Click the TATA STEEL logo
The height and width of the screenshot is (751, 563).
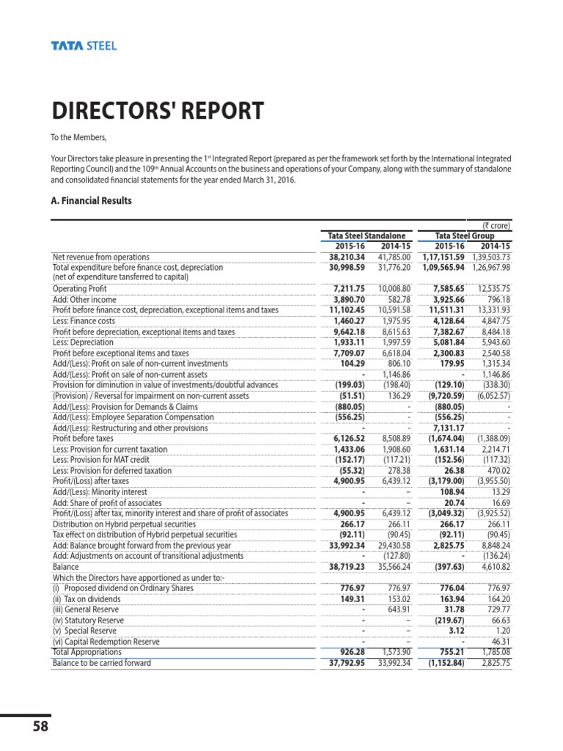coord(84,46)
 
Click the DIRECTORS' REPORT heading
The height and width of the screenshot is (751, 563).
coord(158,111)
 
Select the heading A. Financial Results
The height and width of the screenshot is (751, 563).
coord(91,201)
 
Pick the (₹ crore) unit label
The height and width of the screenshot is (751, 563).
coord(496,226)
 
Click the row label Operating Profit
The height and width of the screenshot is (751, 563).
coord(80,290)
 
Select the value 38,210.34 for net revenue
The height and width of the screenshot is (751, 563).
coord(344,257)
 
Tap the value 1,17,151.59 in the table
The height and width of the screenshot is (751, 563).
coord(443,257)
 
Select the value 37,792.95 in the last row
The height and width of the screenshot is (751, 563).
coord(344,663)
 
